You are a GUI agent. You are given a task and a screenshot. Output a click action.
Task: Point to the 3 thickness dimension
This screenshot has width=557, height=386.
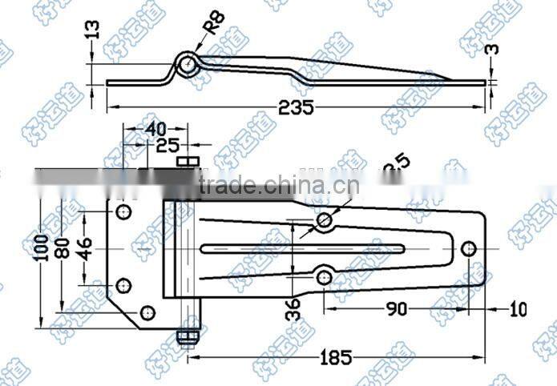click(x=493, y=50)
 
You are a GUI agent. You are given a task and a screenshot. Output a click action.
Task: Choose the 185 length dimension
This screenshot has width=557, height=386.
click(x=333, y=357)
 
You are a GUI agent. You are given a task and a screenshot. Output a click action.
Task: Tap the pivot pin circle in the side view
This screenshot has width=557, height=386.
click(x=186, y=64)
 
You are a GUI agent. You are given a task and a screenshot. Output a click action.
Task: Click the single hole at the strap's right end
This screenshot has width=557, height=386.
click(x=470, y=247)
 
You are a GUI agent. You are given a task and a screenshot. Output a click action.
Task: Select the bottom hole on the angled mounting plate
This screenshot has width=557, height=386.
click(x=147, y=312)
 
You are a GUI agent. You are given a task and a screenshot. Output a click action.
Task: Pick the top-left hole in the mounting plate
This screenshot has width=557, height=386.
click(x=123, y=212)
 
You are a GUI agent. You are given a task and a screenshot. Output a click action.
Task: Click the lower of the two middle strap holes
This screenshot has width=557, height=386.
click(x=324, y=276)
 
